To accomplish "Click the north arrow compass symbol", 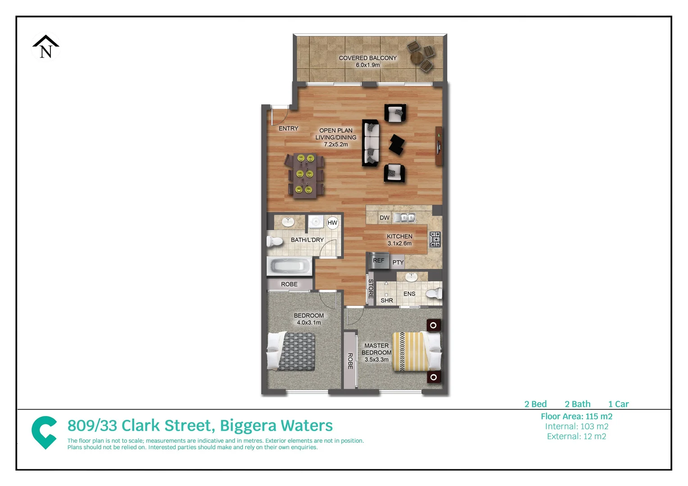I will pyautogui.click(x=45, y=47).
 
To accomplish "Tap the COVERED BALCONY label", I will pyautogui.click(x=367, y=58).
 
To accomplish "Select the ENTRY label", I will pyautogui.click(x=288, y=129).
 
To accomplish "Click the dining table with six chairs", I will pyautogui.click(x=305, y=175).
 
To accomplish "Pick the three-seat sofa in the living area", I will pyautogui.click(x=371, y=143).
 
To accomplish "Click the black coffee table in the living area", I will pyautogui.click(x=397, y=144).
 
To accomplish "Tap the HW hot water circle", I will pyautogui.click(x=332, y=223).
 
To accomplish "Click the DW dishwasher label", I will pyautogui.click(x=384, y=218).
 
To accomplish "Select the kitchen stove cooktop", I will pyautogui.click(x=435, y=239).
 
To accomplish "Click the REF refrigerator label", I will pyautogui.click(x=378, y=261).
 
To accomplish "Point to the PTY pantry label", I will pyautogui.click(x=398, y=262).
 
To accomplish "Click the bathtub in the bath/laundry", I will pyautogui.click(x=289, y=266).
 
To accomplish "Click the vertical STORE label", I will pyautogui.click(x=371, y=289).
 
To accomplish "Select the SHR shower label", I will pyautogui.click(x=387, y=301).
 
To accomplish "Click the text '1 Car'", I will pyautogui.click(x=618, y=404).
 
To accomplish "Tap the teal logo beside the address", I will pyautogui.click(x=44, y=432).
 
